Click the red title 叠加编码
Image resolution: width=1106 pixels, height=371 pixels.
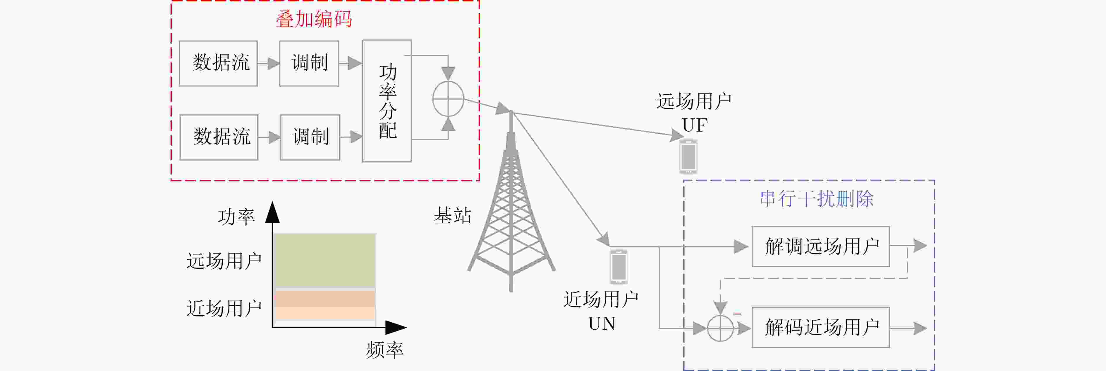[x=314, y=19]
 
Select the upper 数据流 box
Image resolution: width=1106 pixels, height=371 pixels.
[x=218, y=63]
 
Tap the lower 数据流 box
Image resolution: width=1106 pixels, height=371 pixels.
[x=219, y=137]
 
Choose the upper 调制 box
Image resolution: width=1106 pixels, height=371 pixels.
[x=309, y=63]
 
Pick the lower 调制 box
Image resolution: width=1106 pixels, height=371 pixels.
[x=310, y=137]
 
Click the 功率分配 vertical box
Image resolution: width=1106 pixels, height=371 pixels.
[x=387, y=101]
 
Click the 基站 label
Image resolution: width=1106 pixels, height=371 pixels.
[x=453, y=215]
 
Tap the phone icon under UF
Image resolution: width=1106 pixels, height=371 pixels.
[x=688, y=156]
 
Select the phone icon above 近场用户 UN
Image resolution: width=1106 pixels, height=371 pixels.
[x=619, y=267]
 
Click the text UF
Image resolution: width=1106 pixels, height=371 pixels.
[x=695, y=125]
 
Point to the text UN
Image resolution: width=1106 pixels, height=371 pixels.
[x=602, y=323]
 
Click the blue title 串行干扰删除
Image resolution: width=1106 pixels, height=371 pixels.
[x=817, y=199]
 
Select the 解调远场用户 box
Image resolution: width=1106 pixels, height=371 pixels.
[x=820, y=246]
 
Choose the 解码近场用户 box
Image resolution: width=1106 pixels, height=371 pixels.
[x=820, y=327]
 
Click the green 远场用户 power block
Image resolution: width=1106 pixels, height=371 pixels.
[x=325, y=261]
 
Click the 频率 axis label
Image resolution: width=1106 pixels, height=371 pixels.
[x=385, y=350]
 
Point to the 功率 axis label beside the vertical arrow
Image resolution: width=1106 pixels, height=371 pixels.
[x=236, y=217]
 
